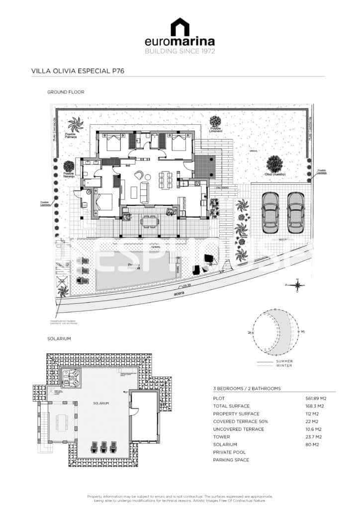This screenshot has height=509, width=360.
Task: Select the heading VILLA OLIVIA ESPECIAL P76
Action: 77,71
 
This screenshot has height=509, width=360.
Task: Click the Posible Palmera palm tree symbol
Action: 76,125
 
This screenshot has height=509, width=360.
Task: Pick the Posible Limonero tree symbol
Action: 215,121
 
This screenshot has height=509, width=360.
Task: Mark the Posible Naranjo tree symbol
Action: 69,167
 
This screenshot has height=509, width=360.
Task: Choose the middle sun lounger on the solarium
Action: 104,447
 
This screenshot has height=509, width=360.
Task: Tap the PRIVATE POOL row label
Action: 231,452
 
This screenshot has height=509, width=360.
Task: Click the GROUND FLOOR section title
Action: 65,92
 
